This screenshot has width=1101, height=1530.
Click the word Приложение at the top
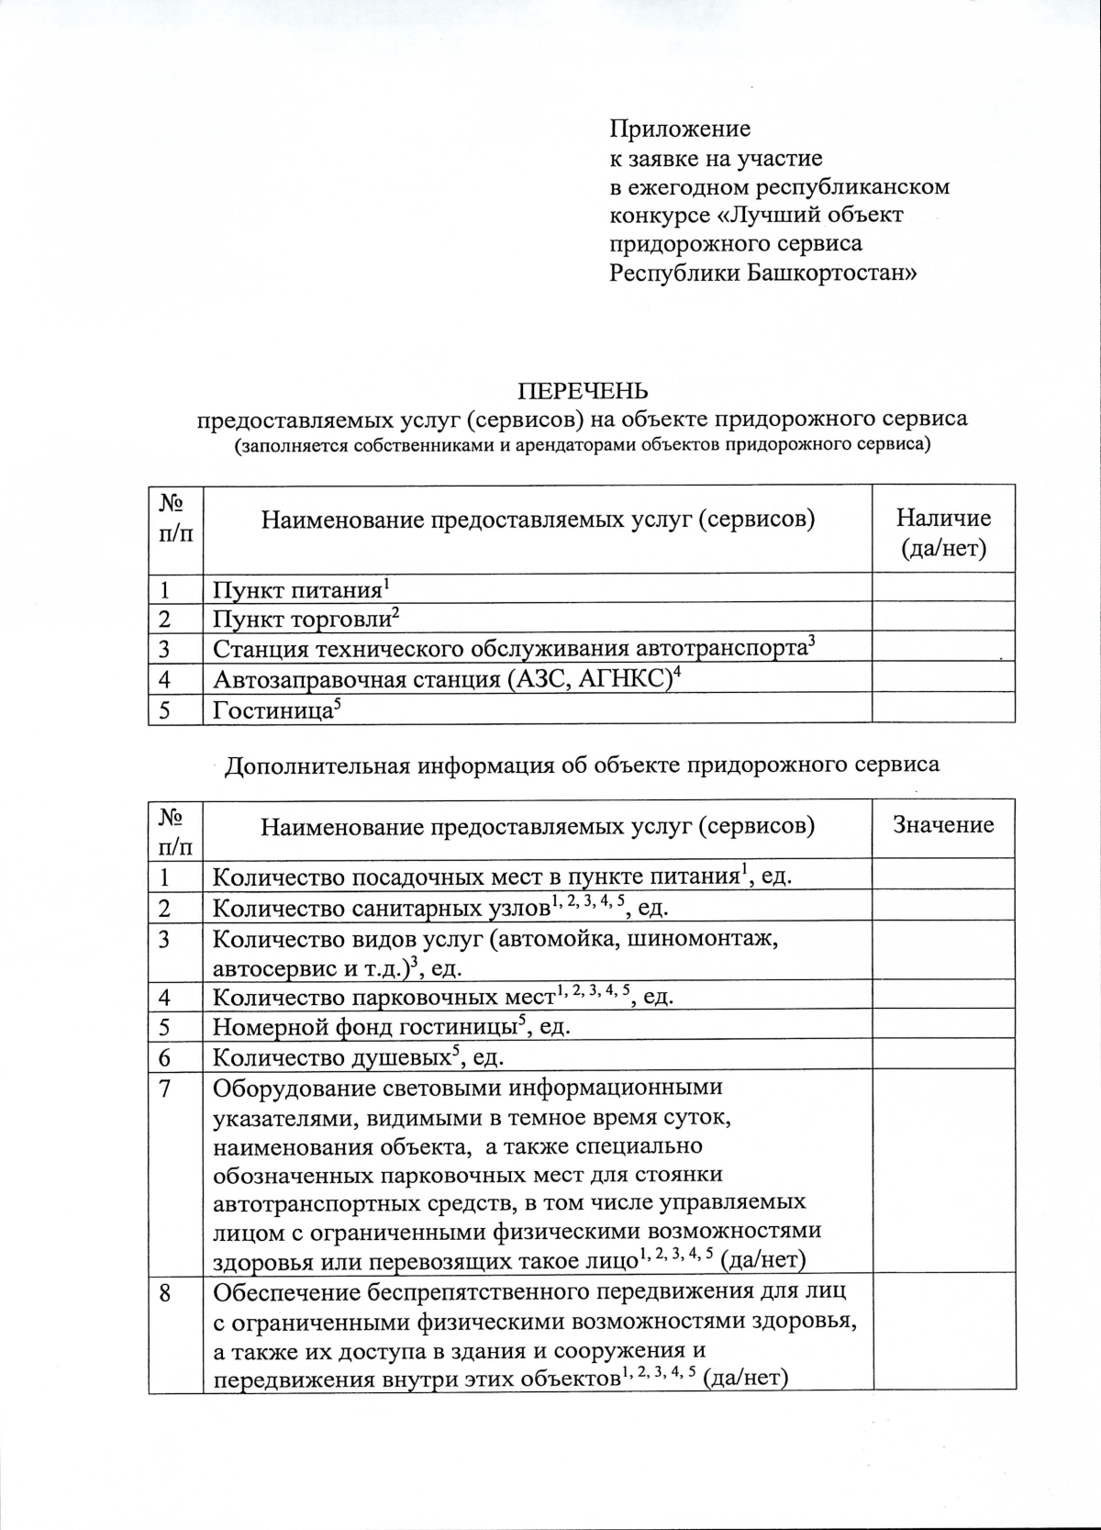pos(680,129)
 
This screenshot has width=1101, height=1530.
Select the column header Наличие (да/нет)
pos(942,532)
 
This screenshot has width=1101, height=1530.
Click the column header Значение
pos(942,825)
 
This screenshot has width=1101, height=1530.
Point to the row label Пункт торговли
pos(302,620)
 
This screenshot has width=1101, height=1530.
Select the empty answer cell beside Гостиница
pos(942,708)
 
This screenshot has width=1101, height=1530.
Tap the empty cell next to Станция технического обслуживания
pos(942,647)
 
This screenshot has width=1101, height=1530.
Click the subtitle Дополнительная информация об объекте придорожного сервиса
pos(582,765)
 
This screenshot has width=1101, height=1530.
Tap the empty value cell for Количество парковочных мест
pos(942,997)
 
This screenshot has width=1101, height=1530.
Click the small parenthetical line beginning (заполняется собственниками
pos(582,446)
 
